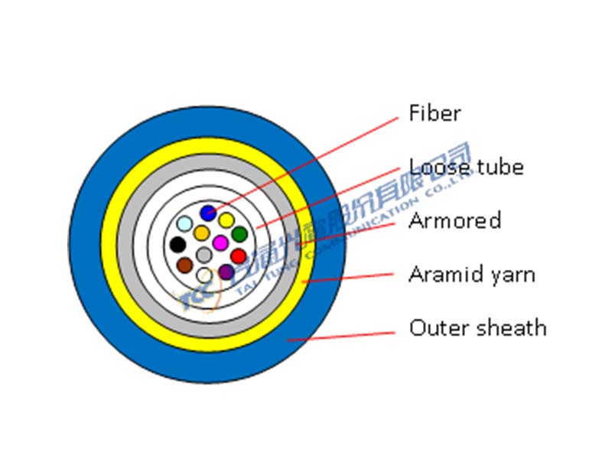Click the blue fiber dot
tap(207, 213)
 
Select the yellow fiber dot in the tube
tap(226, 220)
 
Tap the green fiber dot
tap(239, 234)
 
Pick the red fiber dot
tap(239, 256)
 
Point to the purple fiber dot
tap(226, 271)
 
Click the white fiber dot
tap(204, 275)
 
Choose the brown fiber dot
tap(184, 265)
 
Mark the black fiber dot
tap(177, 245)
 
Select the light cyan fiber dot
tap(184, 224)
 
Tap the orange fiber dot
tap(201, 233)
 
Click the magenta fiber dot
tap(220, 243)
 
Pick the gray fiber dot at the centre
tap(203, 254)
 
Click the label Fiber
tap(435, 114)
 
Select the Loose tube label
tap(466, 167)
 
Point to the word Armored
tap(454, 221)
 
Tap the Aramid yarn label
tap(471, 275)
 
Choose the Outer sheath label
tap(478, 328)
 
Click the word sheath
tap(513, 328)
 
